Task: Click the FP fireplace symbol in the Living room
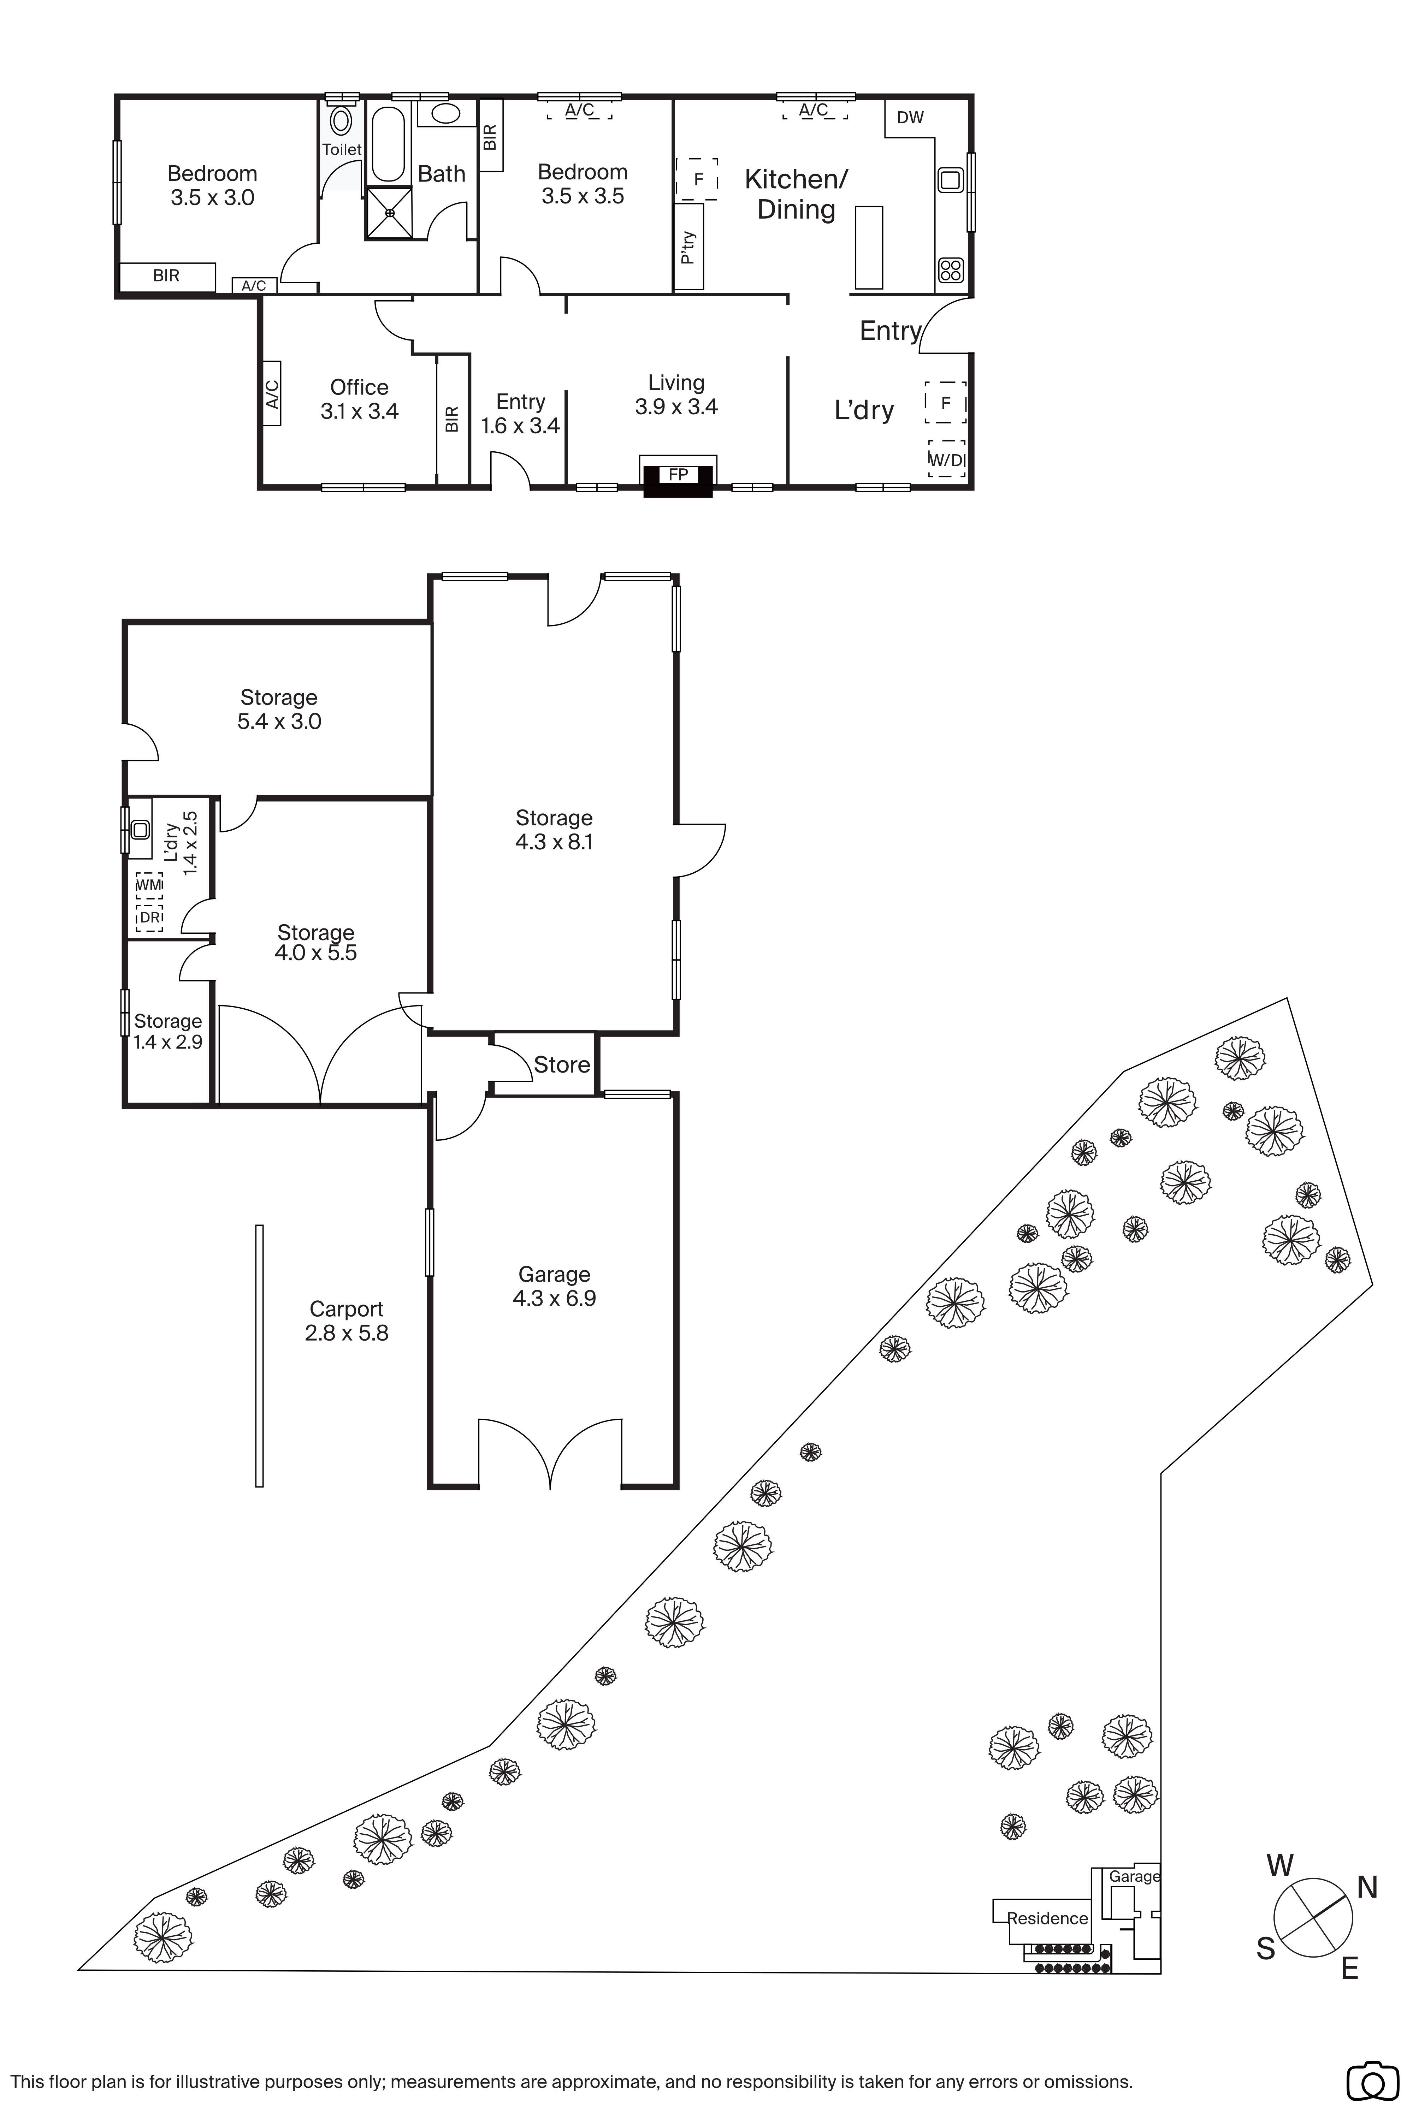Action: pyautogui.click(x=678, y=475)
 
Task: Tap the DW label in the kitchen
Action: pyautogui.click(x=910, y=117)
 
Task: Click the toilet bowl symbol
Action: pyautogui.click(x=341, y=120)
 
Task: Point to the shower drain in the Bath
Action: pyautogui.click(x=389, y=213)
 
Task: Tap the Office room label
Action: pyautogui.click(x=359, y=387)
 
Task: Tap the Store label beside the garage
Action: pyautogui.click(x=561, y=1065)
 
